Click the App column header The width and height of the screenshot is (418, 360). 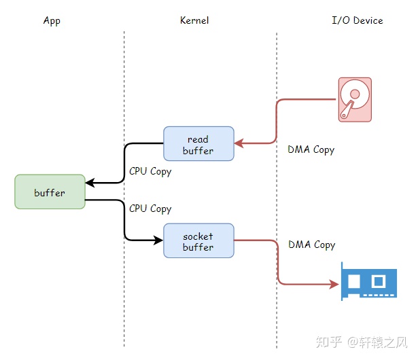click(52, 20)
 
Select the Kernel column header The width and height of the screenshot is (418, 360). click(194, 20)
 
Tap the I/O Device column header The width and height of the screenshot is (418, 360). click(357, 20)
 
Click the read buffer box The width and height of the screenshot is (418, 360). click(198, 143)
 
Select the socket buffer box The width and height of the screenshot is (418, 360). click(198, 241)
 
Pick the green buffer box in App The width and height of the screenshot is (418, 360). click(50, 192)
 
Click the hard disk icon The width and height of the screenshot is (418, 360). click(355, 100)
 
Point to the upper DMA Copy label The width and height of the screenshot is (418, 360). click(311, 149)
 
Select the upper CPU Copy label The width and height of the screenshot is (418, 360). click(150, 171)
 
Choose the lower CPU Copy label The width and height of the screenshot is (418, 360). click(150, 209)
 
